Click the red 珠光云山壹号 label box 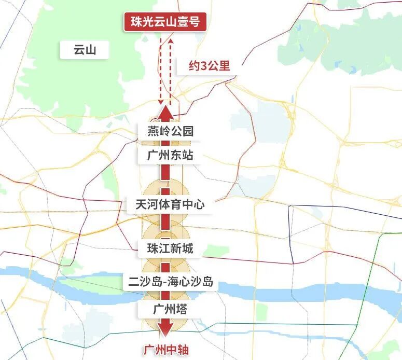tap(165, 22)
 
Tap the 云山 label tap(85, 50)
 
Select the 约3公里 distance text tap(209, 66)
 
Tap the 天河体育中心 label tap(170, 204)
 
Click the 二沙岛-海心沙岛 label tap(171, 282)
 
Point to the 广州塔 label tap(170, 309)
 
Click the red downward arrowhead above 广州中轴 tap(166, 330)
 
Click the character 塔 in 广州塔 tap(182, 309)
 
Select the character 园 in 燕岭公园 tap(187, 131)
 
